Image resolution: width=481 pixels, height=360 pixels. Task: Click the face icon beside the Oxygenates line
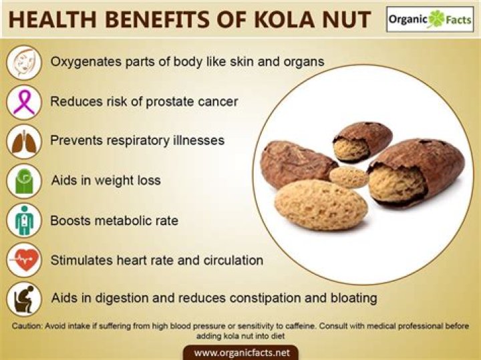[x=24, y=61]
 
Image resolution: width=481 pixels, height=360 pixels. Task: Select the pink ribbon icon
[x=24, y=102]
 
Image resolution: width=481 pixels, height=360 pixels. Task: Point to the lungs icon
[x=24, y=142]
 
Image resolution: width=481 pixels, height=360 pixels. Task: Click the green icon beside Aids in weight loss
[x=24, y=181]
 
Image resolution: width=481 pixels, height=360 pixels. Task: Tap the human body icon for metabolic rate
[x=24, y=220]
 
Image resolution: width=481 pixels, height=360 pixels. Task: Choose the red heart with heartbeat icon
[x=24, y=260]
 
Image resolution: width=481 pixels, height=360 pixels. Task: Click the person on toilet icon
[x=24, y=299]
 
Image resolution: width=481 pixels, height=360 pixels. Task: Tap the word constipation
[x=265, y=297]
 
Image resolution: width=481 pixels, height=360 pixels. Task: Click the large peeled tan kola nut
[x=321, y=204]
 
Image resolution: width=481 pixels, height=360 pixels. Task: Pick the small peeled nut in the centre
[x=348, y=177]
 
